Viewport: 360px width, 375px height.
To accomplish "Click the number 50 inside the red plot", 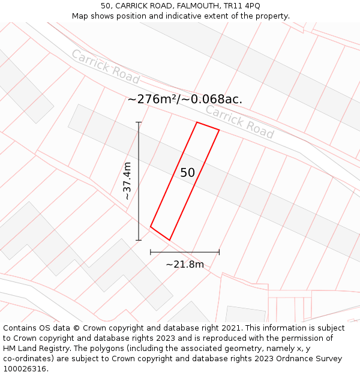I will [187, 173].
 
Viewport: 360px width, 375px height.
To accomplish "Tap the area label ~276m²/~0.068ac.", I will [185, 100].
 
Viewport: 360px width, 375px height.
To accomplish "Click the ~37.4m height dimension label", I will [127, 181].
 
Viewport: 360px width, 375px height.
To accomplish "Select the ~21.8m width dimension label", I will [185, 264].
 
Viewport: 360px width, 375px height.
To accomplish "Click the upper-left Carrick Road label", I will [105, 67].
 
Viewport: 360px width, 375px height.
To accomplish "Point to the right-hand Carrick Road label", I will [239, 121].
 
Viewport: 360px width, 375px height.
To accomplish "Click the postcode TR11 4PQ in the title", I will [244, 6].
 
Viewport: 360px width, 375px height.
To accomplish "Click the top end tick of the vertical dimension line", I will [139, 122].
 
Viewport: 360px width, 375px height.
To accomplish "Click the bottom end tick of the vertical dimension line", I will [139, 240].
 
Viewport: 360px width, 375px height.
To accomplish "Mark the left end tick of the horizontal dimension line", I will [151, 252].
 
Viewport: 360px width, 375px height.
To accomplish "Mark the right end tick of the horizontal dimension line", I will [219, 252].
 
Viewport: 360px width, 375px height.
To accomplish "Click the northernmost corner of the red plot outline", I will [197, 122].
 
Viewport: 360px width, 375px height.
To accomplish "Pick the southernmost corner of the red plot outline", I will [170, 240].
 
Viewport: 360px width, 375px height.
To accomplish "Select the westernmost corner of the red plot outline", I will [151, 227].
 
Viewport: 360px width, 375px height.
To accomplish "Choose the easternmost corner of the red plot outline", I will [219, 130].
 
